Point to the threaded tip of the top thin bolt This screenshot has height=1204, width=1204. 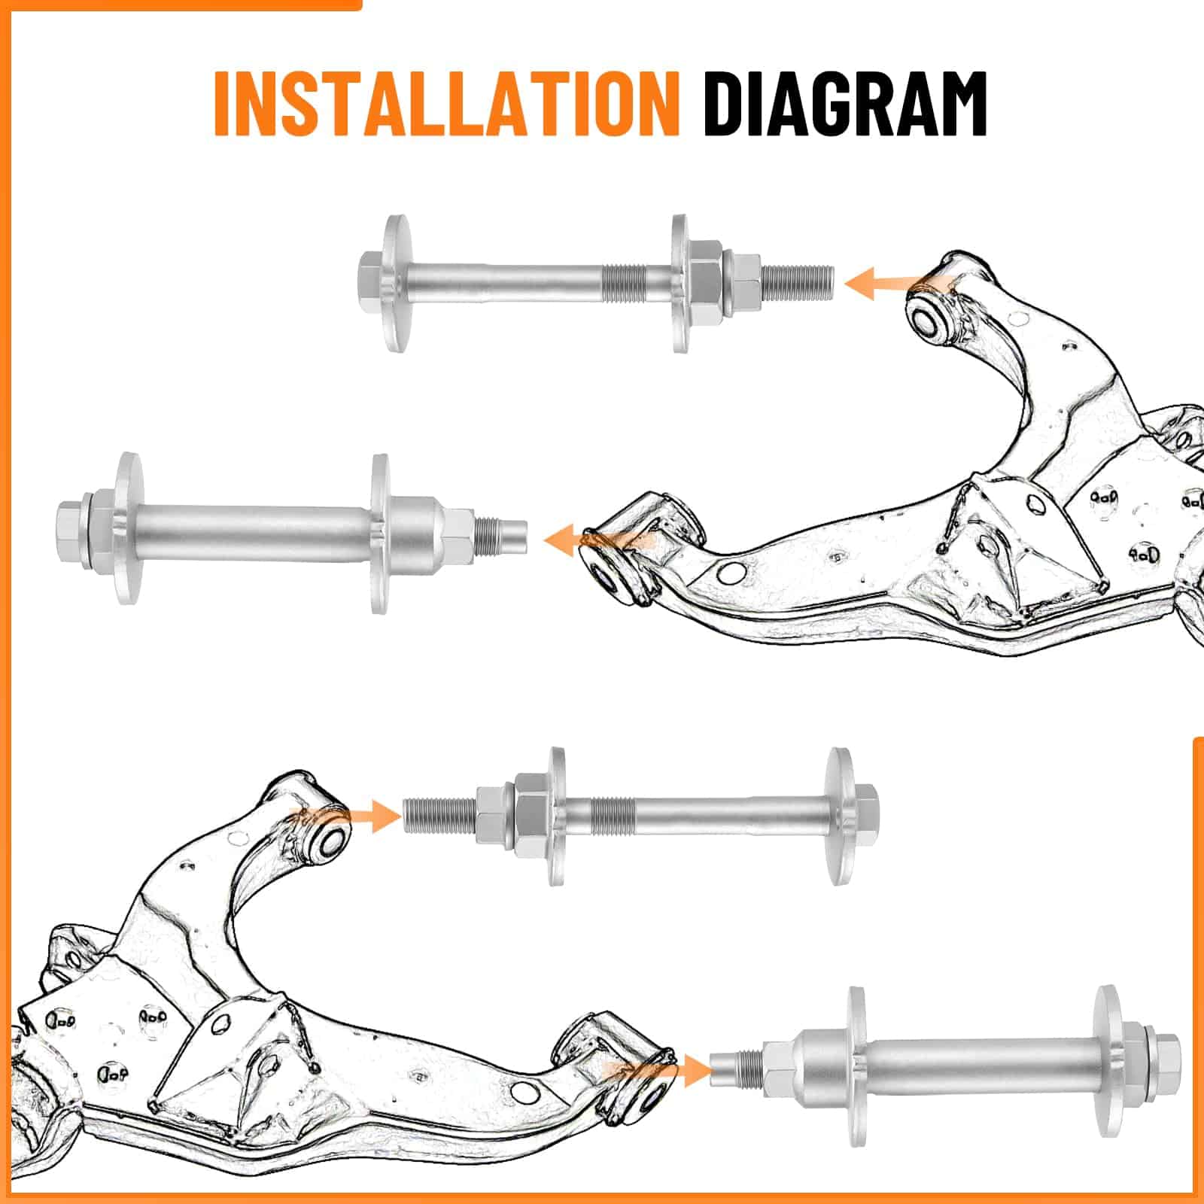798,284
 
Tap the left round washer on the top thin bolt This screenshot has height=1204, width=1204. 398,284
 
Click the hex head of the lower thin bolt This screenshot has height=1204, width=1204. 865,816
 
